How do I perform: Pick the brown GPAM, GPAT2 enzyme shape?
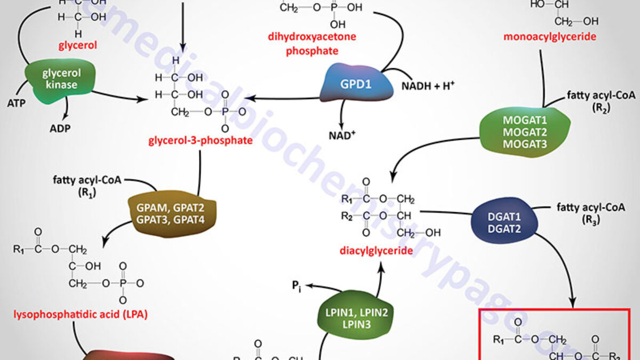(170, 213)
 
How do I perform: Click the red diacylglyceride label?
(377, 250)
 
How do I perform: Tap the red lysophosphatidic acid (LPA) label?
(79, 314)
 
